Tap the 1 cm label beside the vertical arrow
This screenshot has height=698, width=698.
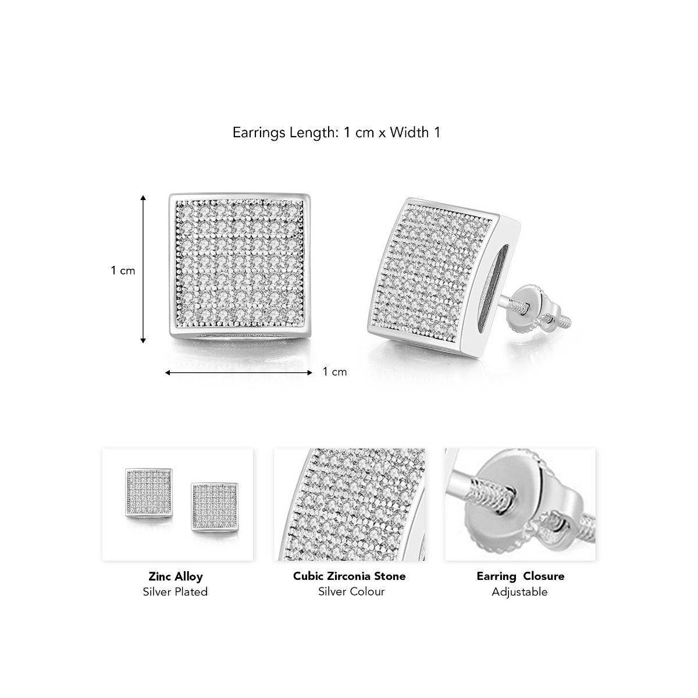tap(123, 270)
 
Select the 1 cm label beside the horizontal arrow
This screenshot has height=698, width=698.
tap(334, 372)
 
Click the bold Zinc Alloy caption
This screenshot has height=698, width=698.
tap(175, 576)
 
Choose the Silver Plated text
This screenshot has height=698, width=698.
tap(175, 592)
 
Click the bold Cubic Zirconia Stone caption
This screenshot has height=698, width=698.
tap(349, 576)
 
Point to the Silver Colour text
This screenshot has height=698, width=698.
tap(349, 592)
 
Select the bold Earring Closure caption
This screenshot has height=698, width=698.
tap(520, 576)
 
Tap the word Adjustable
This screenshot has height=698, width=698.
tap(520, 592)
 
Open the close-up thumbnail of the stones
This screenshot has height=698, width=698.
tap(349, 504)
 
